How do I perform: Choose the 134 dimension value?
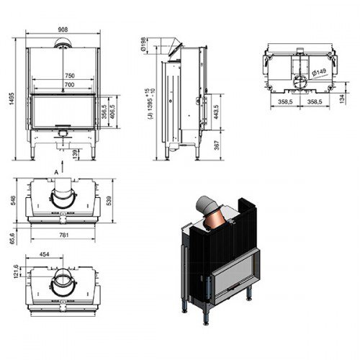click(339, 99)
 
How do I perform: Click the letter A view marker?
click(55, 171)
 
